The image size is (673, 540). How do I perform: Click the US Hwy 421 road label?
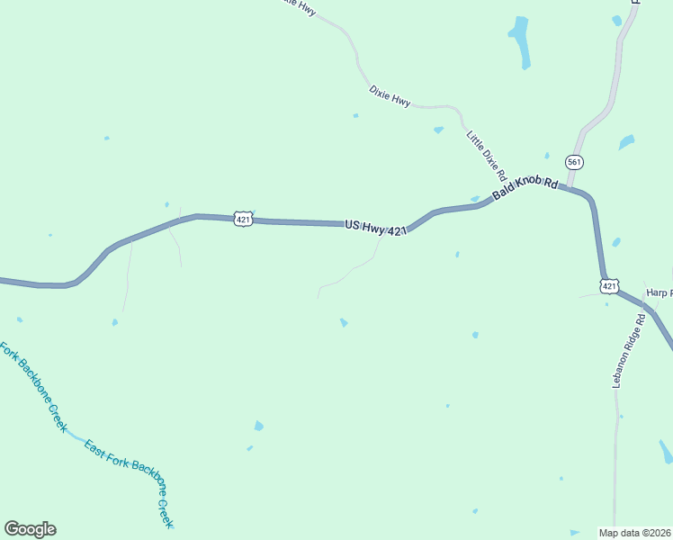pyautogui.click(x=376, y=228)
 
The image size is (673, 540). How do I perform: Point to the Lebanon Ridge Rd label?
pyautogui.click(x=627, y=350)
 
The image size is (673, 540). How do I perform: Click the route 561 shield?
pyautogui.click(x=574, y=162)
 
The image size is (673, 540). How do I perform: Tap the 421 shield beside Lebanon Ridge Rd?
pyautogui.click(x=609, y=286)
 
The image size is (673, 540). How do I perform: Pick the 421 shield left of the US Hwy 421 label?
pyautogui.click(x=242, y=219)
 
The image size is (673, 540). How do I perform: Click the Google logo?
pyautogui.click(x=30, y=529)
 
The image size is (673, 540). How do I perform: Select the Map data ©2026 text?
pyautogui.click(x=634, y=533)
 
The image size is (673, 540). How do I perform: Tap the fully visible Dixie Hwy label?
pyautogui.click(x=390, y=96)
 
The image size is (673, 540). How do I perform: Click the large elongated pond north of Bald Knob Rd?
pyautogui.click(x=519, y=40)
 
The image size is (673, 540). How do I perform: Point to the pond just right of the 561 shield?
pyautogui.click(x=626, y=142)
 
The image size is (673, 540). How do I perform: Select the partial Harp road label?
pyautogui.click(x=660, y=292)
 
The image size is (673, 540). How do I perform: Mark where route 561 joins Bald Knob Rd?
pyautogui.click(x=569, y=187)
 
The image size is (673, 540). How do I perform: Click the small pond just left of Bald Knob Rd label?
pyautogui.click(x=474, y=199)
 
